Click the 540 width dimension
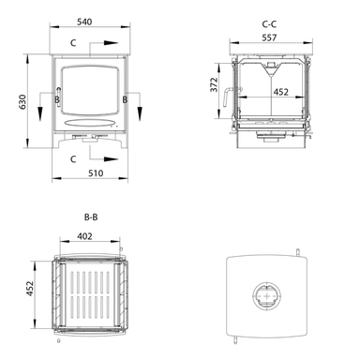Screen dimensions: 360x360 pyautogui.click(x=84, y=22)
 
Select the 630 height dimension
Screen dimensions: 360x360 pyautogui.click(x=22, y=101)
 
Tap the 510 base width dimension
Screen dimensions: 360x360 pyautogui.click(x=96, y=173)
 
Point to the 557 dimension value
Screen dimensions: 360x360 pyautogui.click(x=269, y=37)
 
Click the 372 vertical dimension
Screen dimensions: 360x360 pyautogui.click(x=214, y=84)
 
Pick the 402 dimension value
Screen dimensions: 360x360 pyautogui.click(x=84, y=236)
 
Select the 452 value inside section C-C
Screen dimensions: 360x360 pyautogui.click(x=281, y=92)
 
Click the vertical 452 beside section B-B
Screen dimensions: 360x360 pyautogui.click(x=30, y=289)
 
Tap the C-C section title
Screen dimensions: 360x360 pyautogui.click(x=269, y=24)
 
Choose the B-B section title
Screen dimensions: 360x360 pyautogui.click(x=91, y=217)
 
